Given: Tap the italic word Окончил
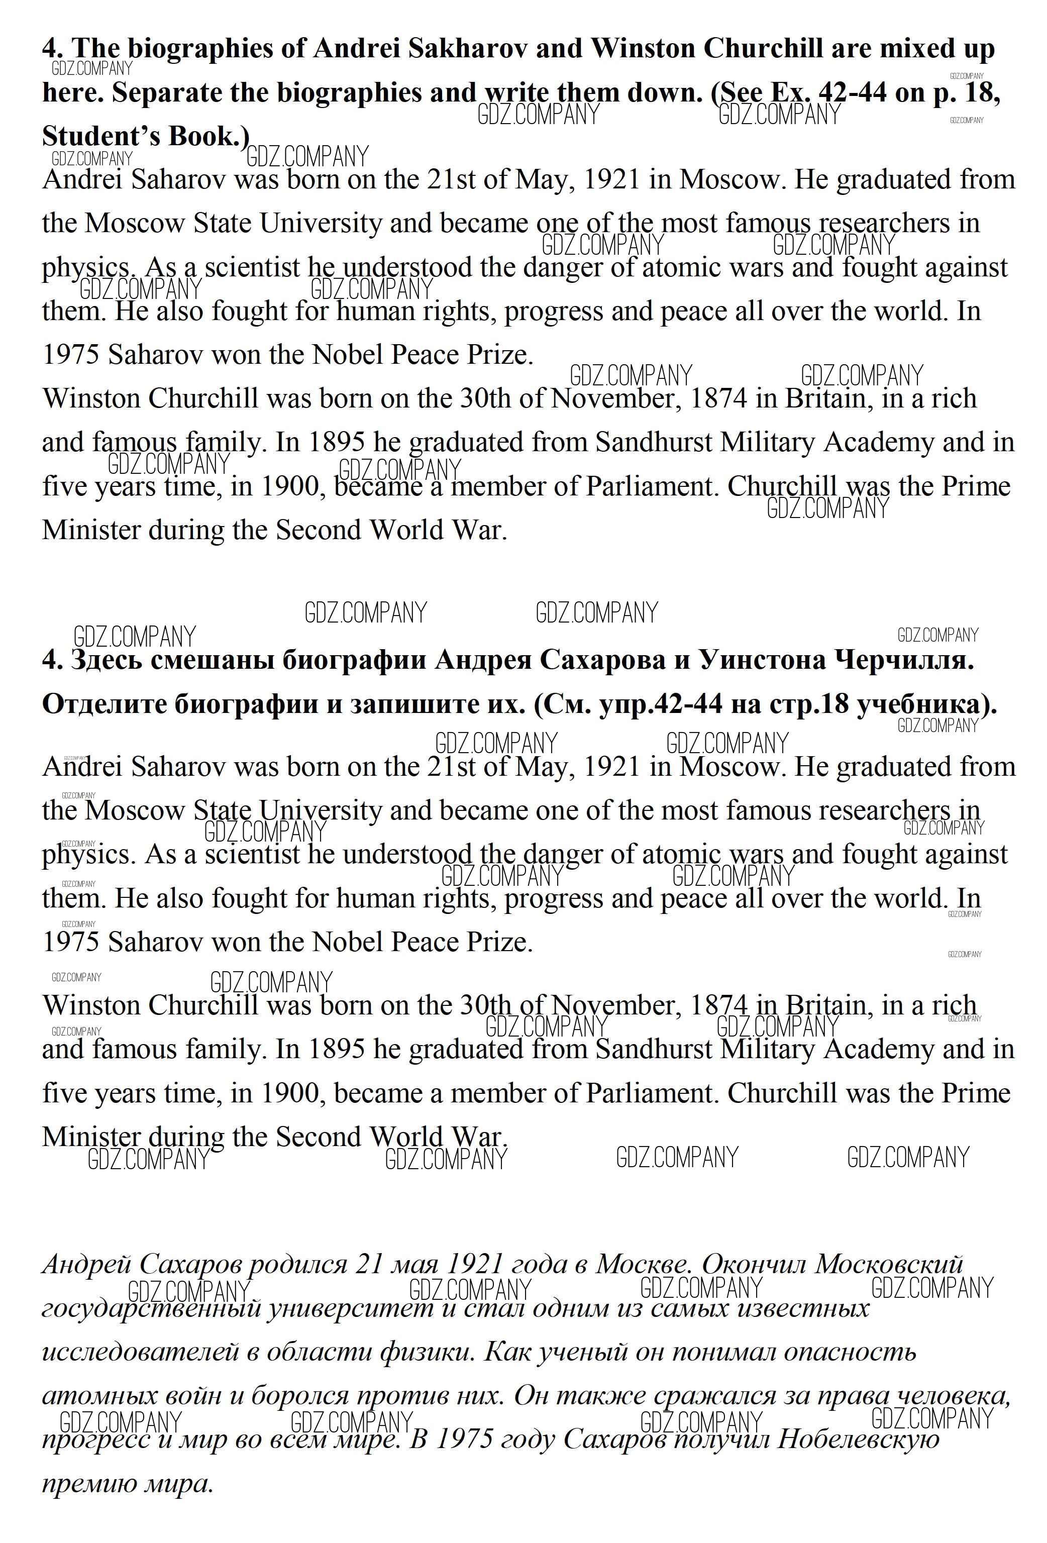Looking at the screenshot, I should click(x=754, y=1264).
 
